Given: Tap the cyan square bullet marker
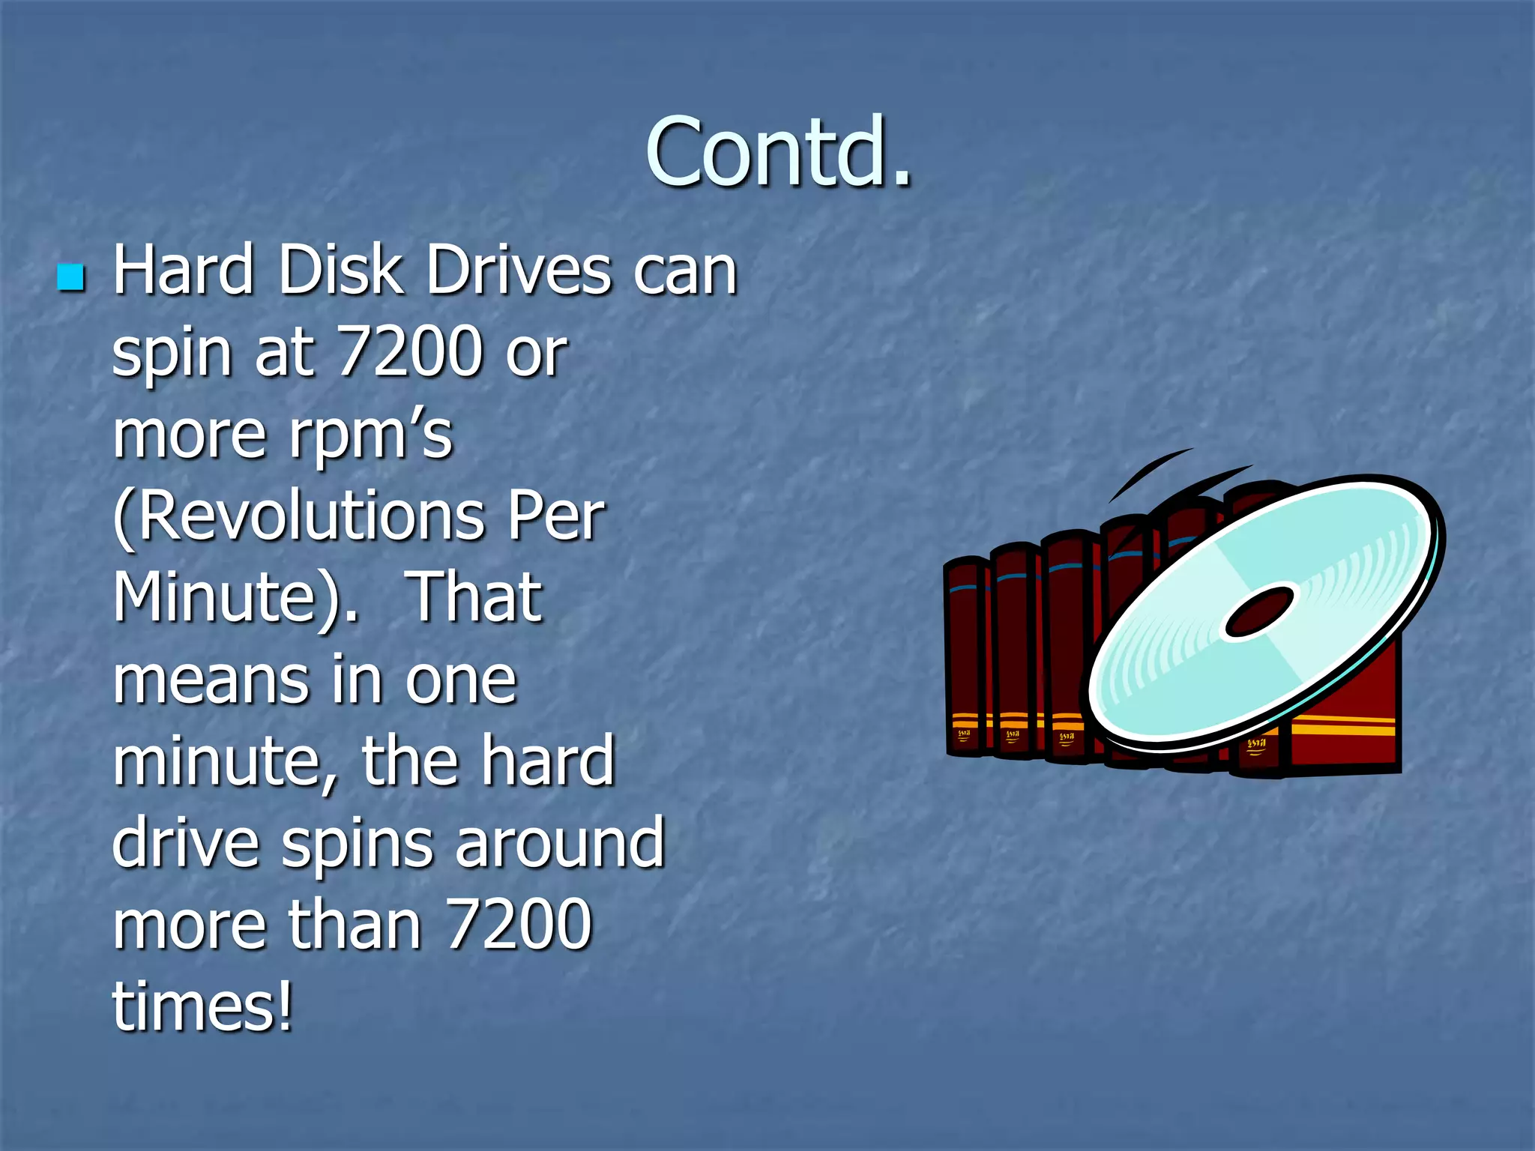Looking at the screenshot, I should [71, 277].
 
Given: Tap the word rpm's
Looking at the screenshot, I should [370, 436].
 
